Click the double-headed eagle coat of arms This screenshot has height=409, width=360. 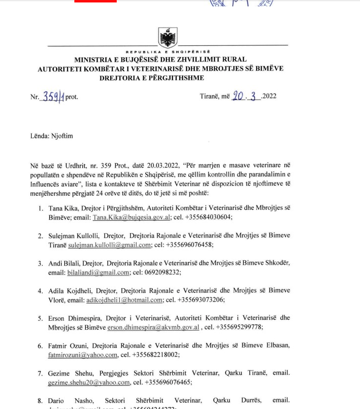point(168,37)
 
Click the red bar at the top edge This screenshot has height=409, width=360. point(96,1)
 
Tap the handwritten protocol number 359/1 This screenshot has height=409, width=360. point(53,97)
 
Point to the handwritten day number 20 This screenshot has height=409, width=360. point(238,96)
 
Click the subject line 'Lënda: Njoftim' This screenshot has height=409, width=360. point(51,136)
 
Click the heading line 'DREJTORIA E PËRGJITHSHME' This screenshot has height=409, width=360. point(152,78)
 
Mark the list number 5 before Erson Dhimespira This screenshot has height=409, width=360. point(40,318)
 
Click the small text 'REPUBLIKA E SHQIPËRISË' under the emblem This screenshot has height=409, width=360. point(168,52)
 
